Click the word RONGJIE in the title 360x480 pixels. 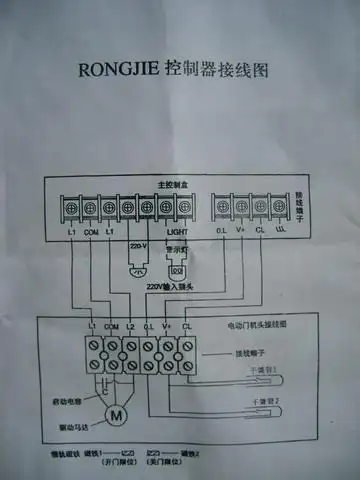[121, 72]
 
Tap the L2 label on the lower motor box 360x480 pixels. [130, 327]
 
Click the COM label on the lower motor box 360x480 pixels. [111, 327]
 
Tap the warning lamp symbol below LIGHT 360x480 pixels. [179, 266]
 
